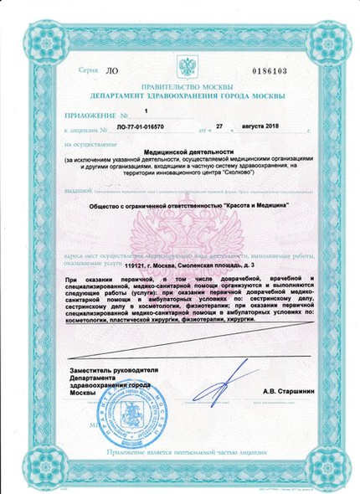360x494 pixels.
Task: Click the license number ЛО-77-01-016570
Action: coord(141,131)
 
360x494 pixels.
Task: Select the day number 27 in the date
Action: coord(221,129)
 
